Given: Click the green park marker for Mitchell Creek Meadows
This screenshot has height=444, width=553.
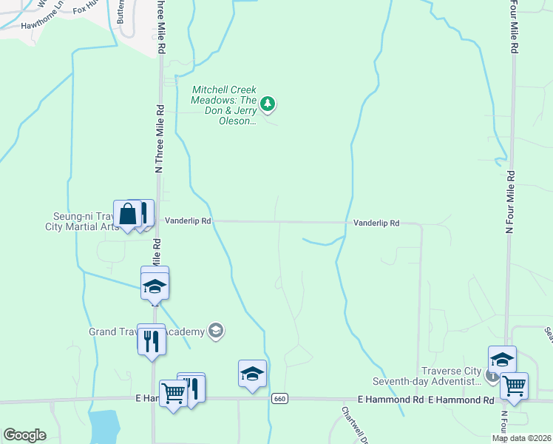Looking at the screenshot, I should pyautogui.click(x=268, y=105).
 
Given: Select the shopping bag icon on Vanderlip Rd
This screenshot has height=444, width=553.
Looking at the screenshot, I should pyautogui.click(x=127, y=214).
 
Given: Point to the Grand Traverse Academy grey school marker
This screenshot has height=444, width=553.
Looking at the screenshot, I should pyautogui.click(x=216, y=331).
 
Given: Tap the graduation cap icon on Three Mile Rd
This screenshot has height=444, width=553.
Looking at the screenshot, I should pyautogui.click(x=155, y=286).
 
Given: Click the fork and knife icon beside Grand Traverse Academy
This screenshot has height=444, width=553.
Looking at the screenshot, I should pyautogui.click(x=152, y=340).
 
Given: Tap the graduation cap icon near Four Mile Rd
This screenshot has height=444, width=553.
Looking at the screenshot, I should pyautogui.click(x=502, y=360).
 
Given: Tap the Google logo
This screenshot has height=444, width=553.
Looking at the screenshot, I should pyautogui.click(x=24, y=435).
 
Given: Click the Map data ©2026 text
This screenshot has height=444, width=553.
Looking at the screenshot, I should pyautogui.click(x=522, y=438).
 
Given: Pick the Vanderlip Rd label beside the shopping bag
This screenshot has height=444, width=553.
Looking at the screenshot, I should pyautogui.click(x=188, y=221).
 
